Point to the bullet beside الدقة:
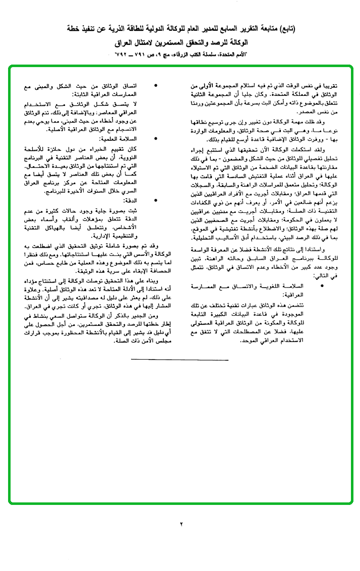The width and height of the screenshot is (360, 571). (x=157, y=200)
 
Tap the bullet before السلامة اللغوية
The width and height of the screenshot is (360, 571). (x=323, y=286)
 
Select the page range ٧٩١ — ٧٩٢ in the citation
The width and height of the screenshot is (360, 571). (x=132, y=53)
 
